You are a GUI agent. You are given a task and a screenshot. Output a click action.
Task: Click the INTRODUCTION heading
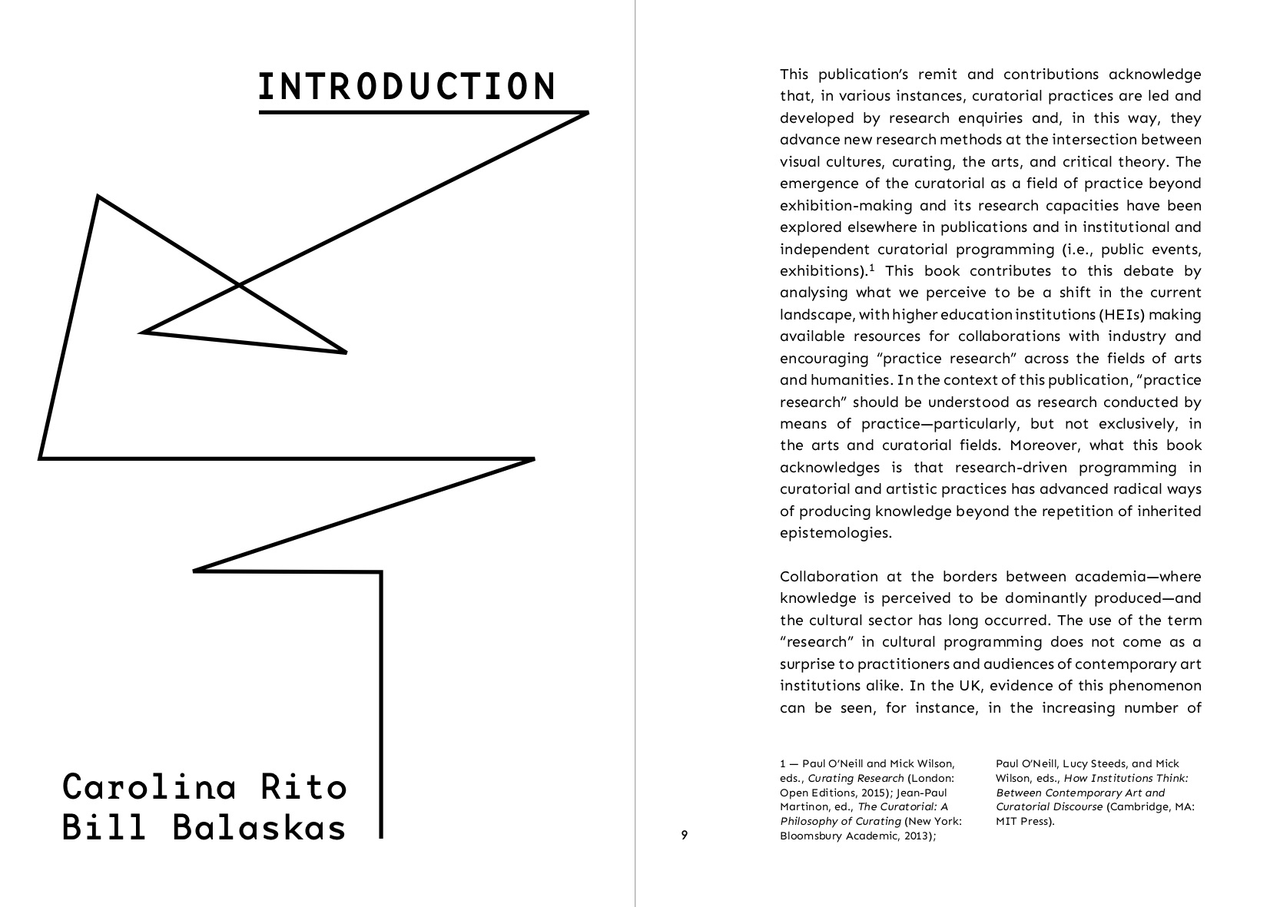pos(406,87)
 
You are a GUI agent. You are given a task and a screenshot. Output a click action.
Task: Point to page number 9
pos(684,836)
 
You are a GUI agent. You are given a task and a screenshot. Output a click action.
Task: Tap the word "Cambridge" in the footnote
pos(1140,807)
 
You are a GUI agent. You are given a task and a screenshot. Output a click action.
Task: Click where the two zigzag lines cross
pos(240,286)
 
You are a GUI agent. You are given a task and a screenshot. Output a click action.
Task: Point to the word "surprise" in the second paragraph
pos(806,664)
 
